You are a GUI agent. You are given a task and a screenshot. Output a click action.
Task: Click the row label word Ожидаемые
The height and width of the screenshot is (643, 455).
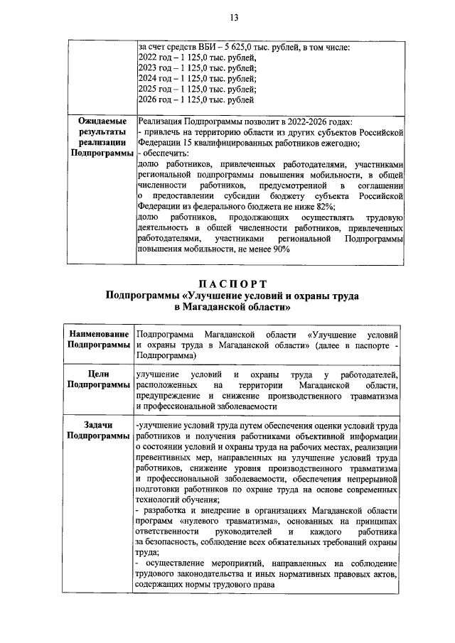coord(102,121)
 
